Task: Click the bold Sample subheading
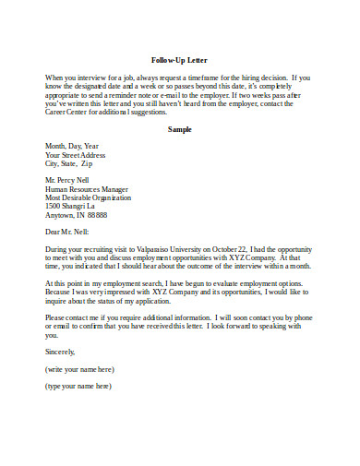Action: [180, 128]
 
